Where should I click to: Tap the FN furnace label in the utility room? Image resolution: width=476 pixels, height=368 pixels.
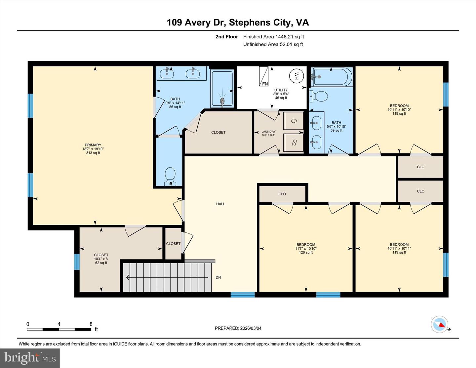pos(265,84)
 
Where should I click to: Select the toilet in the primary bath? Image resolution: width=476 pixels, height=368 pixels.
pos(170,176)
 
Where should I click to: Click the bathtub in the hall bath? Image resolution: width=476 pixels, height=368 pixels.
pos(331,77)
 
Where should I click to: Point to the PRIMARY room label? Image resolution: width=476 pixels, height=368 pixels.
pos(93,145)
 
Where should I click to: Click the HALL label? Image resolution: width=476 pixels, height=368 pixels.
pos(220,204)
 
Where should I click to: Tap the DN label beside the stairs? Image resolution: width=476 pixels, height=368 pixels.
pos(218,277)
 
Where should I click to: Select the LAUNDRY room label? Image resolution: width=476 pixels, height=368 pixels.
pos(268,132)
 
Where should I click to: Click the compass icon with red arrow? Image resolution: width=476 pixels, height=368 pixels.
pos(440,324)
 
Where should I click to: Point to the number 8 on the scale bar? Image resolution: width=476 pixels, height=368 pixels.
pos(91,324)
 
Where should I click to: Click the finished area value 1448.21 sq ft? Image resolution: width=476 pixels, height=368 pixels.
pos(290,37)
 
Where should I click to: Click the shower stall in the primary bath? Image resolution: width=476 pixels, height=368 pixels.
pos(222,89)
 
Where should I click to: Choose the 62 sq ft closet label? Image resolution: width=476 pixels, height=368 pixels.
pos(101,259)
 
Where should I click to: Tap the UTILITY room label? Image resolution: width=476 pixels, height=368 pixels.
pos(281,90)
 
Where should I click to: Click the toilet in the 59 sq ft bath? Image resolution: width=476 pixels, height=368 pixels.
pos(319,97)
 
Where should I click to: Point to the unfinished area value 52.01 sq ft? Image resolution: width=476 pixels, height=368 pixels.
pos(291,44)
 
